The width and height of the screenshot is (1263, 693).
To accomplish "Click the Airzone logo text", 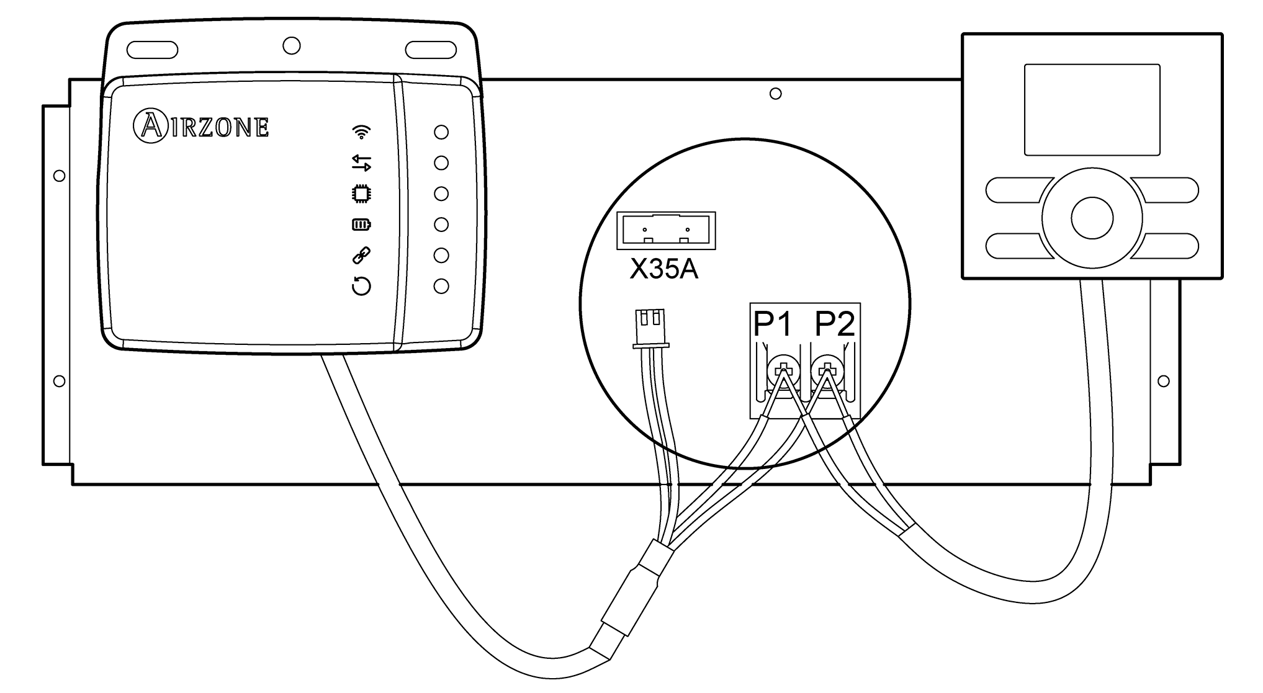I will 202,127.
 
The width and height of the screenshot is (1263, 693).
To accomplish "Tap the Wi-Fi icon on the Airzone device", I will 361,132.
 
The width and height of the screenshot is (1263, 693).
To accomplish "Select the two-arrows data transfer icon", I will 361,163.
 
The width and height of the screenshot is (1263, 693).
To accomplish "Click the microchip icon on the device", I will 361,194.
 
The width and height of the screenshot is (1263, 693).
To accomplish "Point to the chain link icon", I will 361,254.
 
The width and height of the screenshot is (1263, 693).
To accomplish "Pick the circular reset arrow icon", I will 361,286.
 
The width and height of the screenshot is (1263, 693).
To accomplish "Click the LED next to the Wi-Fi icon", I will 441,132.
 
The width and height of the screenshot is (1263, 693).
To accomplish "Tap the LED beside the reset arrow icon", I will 441,286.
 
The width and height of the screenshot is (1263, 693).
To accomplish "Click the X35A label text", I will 663,270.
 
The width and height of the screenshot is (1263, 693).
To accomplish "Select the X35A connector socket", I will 666,231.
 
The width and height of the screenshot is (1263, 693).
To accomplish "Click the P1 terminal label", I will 773,324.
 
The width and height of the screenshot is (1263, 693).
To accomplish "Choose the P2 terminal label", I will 835,324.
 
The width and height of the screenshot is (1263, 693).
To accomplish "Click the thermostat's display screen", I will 1092,109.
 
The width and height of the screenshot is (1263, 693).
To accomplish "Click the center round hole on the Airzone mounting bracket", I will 291,45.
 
